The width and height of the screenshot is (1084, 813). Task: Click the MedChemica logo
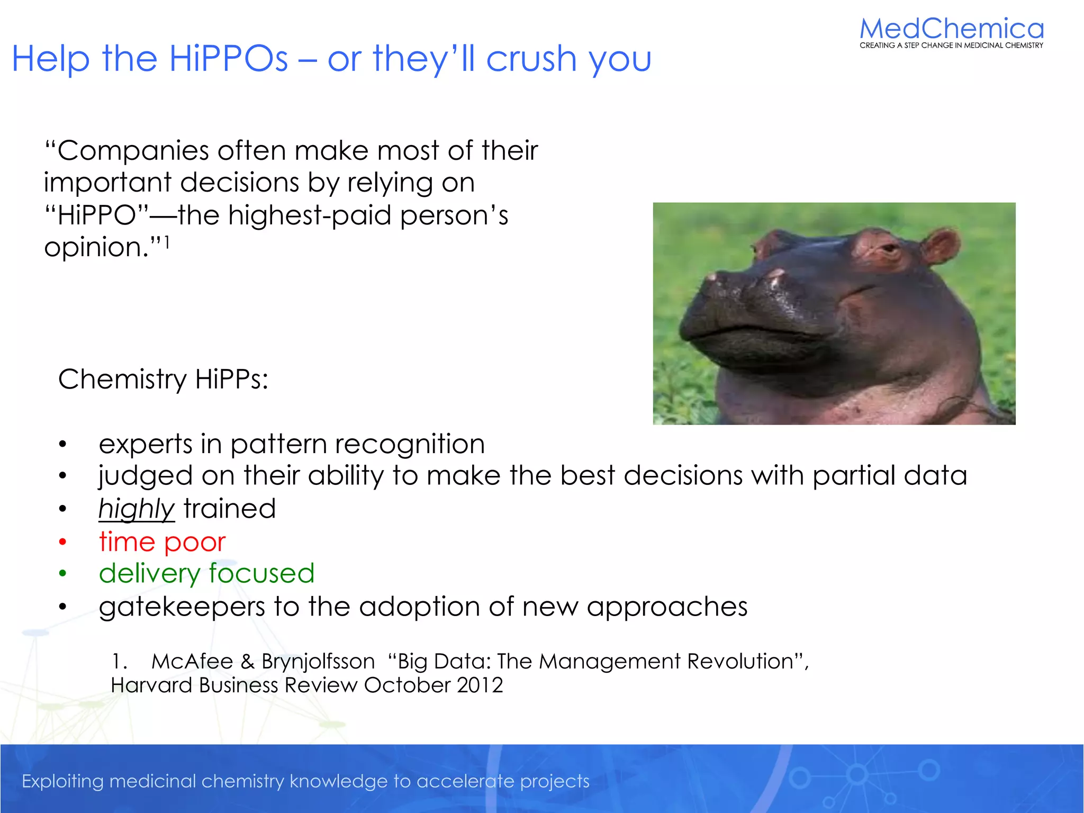pyautogui.click(x=951, y=32)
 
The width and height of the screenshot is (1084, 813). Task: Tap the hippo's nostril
pyautogui.click(x=776, y=275)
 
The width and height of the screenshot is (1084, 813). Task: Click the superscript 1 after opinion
pyautogui.click(x=166, y=243)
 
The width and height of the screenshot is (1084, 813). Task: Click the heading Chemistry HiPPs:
pyautogui.click(x=163, y=380)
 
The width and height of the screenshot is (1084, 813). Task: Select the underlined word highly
pyautogui.click(x=136, y=509)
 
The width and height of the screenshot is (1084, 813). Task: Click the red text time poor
pyautogui.click(x=162, y=542)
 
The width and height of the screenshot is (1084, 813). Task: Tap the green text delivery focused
pyautogui.click(x=206, y=574)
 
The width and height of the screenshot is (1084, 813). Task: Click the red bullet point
pyautogui.click(x=62, y=542)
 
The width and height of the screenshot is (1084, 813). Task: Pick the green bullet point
pyautogui.click(x=62, y=574)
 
